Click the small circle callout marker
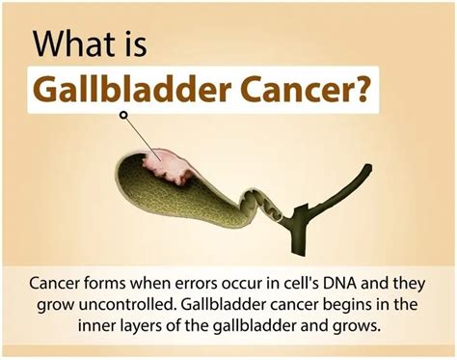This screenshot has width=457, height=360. click(x=123, y=115)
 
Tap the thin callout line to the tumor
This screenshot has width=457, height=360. click(x=141, y=136)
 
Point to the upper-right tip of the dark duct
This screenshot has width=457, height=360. click(x=367, y=170)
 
